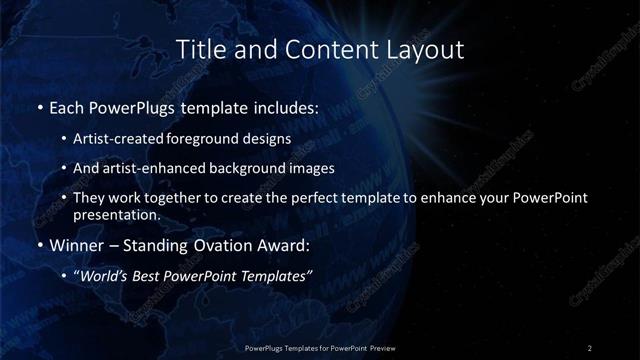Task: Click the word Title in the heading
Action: (196, 49)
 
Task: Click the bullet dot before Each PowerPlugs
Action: (39, 107)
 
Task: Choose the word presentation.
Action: (117, 214)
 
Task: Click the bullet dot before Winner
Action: (39, 245)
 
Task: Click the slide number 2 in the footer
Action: (590, 347)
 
